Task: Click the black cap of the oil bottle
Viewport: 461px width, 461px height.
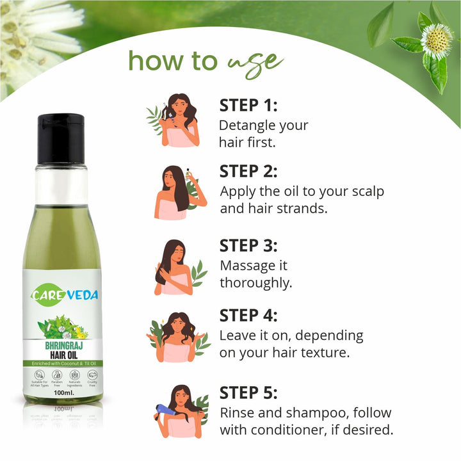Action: [x=60, y=138]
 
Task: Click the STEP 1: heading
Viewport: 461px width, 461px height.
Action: [x=249, y=105]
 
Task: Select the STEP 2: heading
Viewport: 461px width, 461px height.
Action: [x=249, y=171]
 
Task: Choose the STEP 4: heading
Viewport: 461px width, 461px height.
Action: [x=249, y=315]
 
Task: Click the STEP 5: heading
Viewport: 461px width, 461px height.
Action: [x=249, y=392]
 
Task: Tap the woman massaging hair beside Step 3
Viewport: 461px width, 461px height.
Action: [x=174, y=267]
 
